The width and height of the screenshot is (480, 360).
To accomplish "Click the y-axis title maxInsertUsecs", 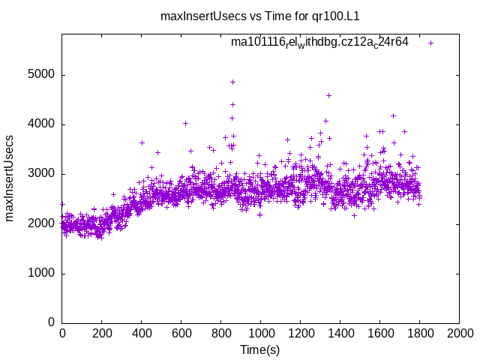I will point(10,178).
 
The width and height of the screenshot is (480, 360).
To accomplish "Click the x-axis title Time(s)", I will point(259,349).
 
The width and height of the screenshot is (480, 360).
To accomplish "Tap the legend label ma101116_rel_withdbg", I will point(319,42).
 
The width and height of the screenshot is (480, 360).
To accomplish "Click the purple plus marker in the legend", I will point(430,43).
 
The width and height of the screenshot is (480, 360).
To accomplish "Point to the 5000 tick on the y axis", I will point(42,75).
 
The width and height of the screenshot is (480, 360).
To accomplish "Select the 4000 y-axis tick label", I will point(42,124).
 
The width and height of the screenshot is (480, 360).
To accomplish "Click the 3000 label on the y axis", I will point(42,174).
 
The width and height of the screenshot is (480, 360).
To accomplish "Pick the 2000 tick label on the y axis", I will point(42,223).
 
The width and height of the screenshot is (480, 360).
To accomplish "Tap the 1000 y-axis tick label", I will point(42,273).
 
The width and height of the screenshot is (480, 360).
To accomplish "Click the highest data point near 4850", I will point(232,82).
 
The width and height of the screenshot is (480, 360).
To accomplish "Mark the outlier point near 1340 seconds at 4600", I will point(328,95).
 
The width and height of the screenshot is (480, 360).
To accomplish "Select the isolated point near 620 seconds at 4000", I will point(185,123).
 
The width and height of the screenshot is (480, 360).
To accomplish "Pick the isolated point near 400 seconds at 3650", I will point(142,142).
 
